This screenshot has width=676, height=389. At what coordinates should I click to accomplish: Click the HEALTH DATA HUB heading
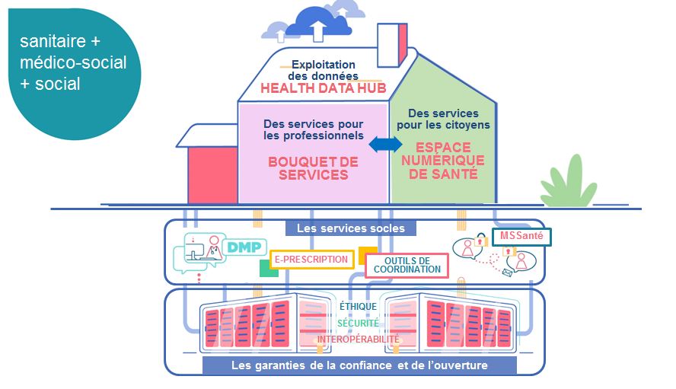pyautogui.click(x=320, y=88)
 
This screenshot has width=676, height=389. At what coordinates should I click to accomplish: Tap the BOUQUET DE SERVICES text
pyautogui.click(x=313, y=168)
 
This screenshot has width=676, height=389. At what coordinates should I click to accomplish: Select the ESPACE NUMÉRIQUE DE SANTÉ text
pyautogui.click(x=443, y=161)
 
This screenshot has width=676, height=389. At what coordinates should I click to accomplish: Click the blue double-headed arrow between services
pyautogui.click(x=386, y=145)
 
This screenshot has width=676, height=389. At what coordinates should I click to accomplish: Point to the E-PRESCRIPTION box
pyautogui.click(x=311, y=260)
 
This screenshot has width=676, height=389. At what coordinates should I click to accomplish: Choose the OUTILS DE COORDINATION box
pyautogui.click(x=407, y=265)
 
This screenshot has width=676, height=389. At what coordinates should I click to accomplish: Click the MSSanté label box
pyautogui.click(x=521, y=237)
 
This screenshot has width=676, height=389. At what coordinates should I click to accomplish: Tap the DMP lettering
pyautogui.click(x=241, y=247)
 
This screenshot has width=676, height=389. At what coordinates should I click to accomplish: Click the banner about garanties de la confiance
pyautogui.click(x=359, y=365)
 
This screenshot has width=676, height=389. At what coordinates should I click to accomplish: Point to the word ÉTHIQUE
pyautogui.click(x=359, y=307)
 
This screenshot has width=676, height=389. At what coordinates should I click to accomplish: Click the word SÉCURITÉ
pyautogui.click(x=357, y=323)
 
